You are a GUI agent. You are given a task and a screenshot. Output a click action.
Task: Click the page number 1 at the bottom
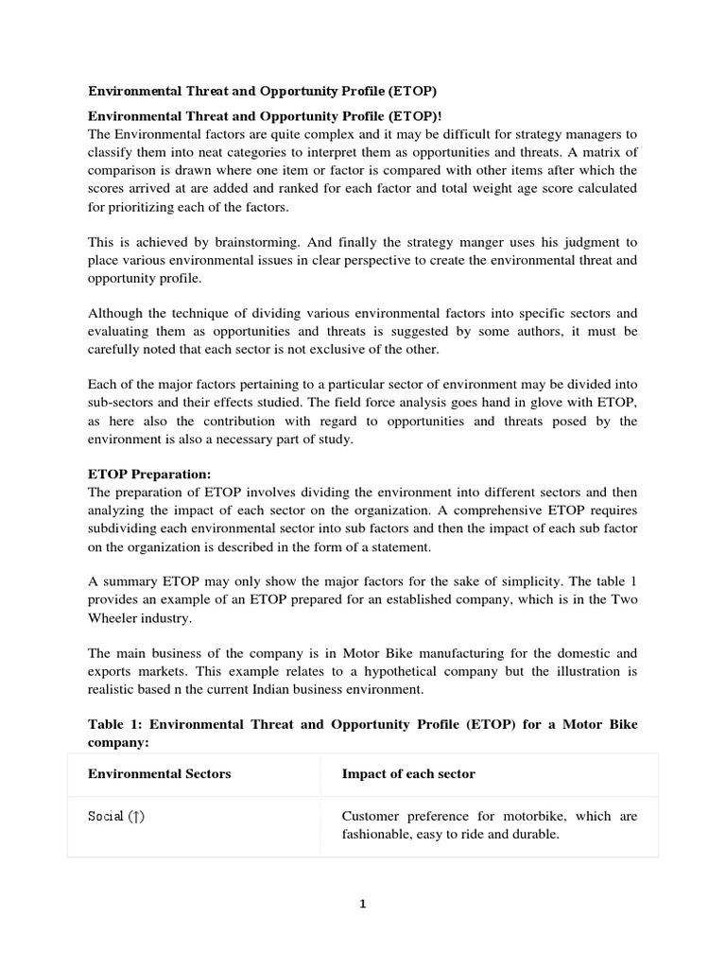pos(363,904)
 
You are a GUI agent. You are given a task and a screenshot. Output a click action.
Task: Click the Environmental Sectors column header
pos(159,773)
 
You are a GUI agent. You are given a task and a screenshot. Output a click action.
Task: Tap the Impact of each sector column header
pos(408,773)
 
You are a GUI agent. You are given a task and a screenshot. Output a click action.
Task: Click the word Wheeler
pos(117,618)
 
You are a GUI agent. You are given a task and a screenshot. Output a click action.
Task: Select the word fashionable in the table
pos(380,835)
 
